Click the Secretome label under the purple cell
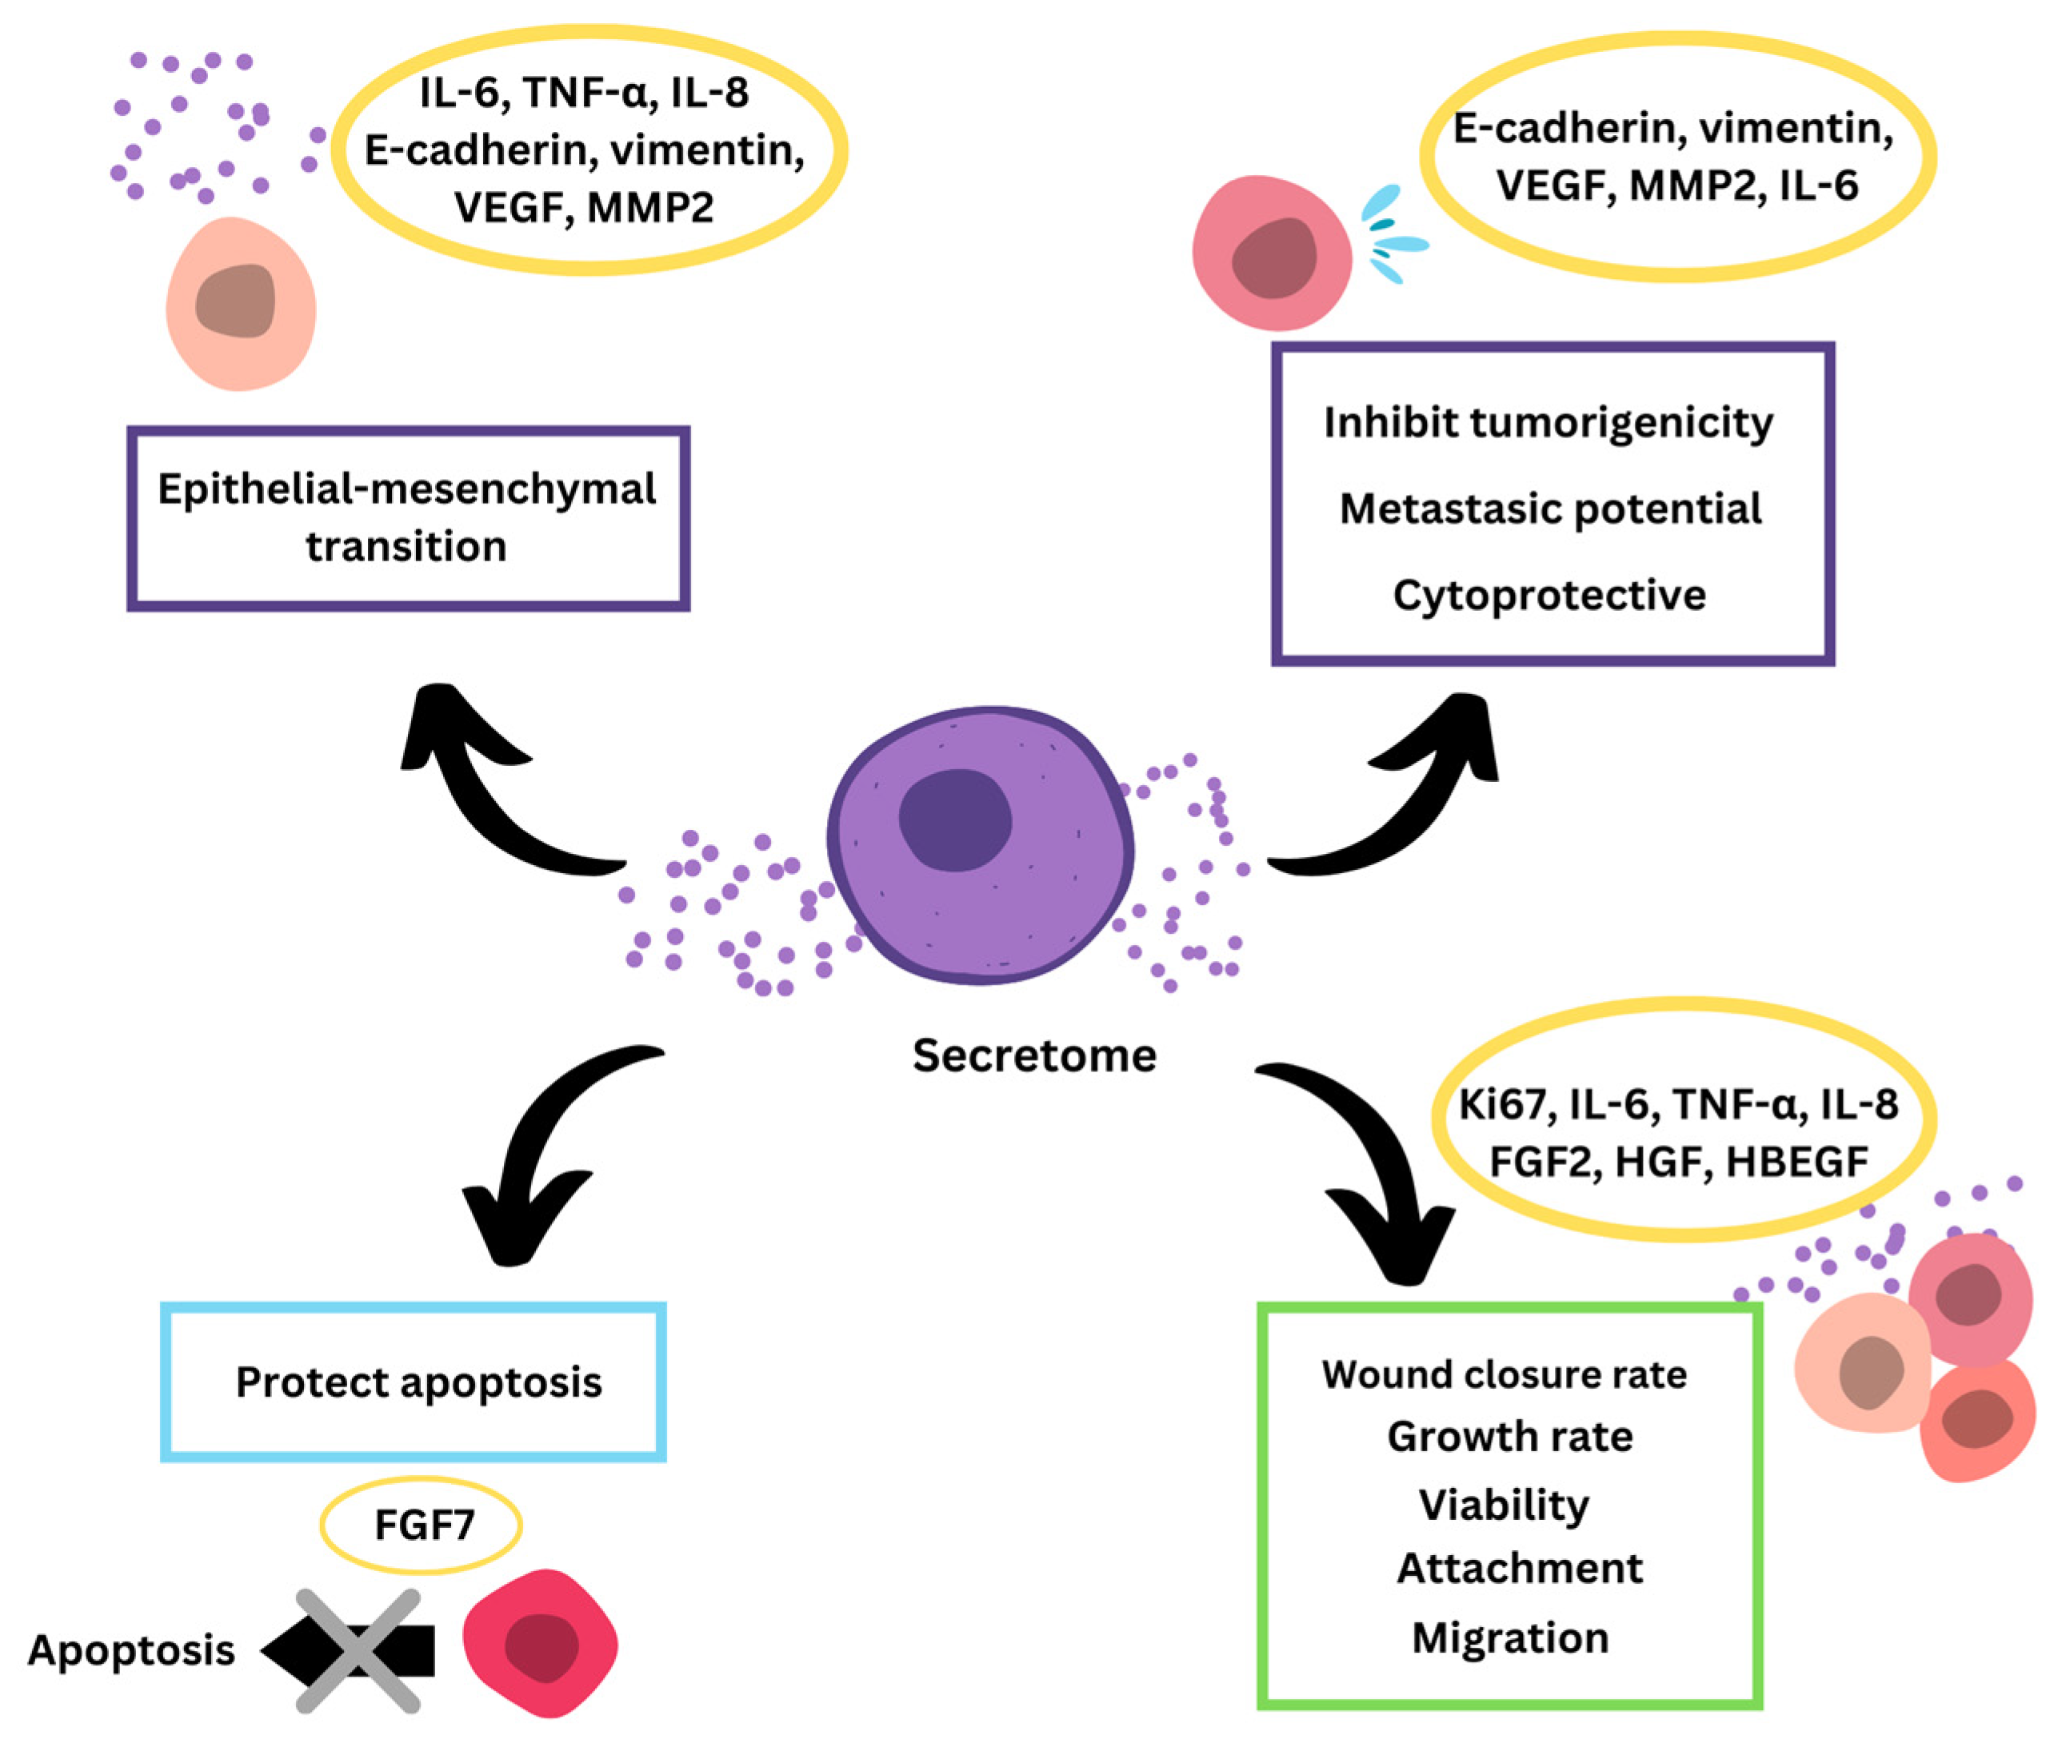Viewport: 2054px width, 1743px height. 1034,1055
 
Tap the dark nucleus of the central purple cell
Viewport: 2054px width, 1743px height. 955,820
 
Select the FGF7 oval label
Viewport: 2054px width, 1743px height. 421,1525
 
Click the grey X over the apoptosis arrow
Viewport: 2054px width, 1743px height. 358,1650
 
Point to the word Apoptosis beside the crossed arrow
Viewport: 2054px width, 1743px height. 131,1650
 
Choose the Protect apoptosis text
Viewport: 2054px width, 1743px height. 418,1382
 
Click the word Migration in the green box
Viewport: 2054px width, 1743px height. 1509,1637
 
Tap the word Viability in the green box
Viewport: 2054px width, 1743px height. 1504,1505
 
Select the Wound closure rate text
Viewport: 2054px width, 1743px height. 1504,1374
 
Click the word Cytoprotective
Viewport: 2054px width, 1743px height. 1549,595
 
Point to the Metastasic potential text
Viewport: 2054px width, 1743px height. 1550,509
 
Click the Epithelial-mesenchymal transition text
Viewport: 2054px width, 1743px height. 406,517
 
